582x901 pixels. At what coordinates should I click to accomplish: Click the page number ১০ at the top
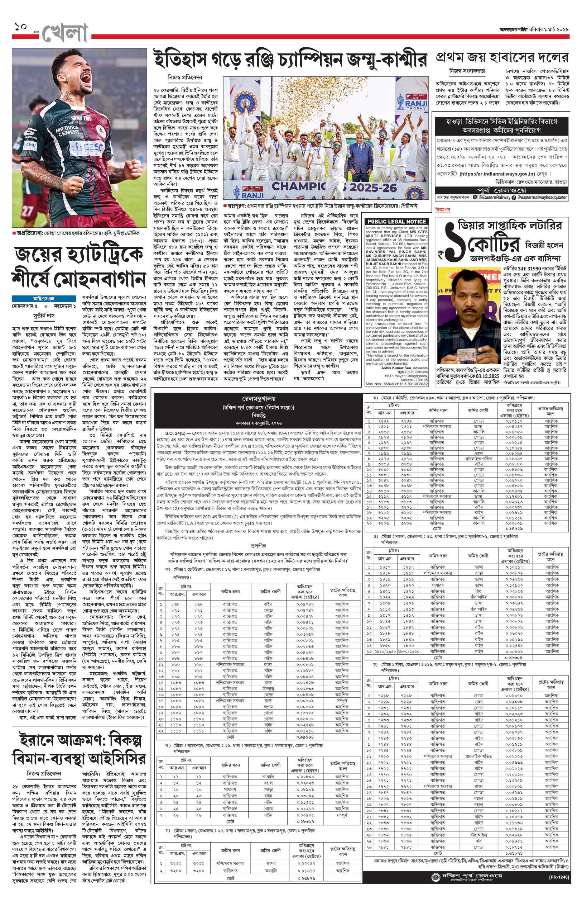coord(21,27)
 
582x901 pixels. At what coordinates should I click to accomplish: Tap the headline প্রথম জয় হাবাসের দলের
coord(501,57)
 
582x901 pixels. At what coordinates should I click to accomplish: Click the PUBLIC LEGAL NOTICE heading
coord(396,221)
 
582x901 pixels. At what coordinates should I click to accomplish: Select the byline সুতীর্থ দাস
coord(43,316)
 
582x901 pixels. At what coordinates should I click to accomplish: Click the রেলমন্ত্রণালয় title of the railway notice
coord(259,399)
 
